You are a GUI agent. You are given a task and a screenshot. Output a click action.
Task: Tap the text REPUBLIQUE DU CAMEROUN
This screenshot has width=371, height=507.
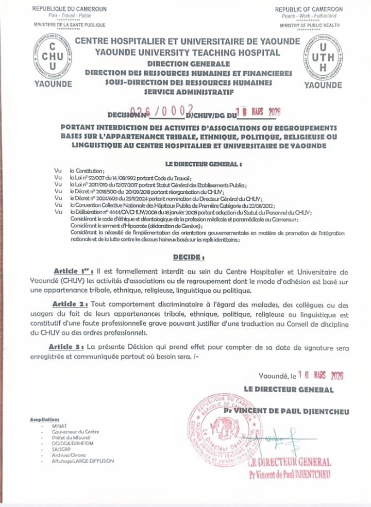click(x=69, y=9)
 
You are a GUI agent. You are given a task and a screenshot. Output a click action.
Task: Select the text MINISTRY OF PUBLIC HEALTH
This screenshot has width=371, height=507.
click(x=310, y=25)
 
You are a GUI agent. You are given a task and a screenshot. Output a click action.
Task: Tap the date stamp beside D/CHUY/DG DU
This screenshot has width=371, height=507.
click(x=257, y=111)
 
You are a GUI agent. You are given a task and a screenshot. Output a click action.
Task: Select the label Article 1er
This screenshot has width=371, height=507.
click(x=70, y=272)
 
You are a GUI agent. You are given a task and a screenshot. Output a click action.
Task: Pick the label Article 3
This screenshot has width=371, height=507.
click(x=67, y=348)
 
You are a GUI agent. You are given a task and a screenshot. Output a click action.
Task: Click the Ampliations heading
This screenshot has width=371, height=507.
click(x=45, y=419)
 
